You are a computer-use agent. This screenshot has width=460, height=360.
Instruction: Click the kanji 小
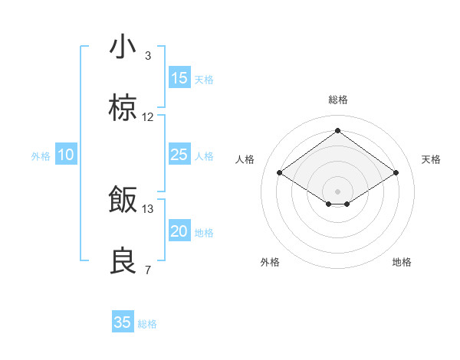coord(123,47)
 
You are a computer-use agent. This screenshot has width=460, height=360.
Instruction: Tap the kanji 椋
coord(123,109)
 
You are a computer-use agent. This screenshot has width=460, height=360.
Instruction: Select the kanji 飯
coord(123,200)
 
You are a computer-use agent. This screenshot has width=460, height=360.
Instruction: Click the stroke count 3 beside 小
coord(148,56)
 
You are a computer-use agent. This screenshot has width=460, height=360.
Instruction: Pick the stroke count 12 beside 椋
coord(148,117)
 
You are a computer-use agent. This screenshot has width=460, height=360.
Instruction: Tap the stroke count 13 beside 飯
coord(148,208)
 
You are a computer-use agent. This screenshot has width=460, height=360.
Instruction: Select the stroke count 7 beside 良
coord(148,270)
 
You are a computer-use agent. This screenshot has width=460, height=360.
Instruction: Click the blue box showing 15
coord(179,78)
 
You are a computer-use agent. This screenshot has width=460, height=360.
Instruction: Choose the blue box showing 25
coord(179,155)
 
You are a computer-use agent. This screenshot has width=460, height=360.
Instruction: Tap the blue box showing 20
coord(179,231)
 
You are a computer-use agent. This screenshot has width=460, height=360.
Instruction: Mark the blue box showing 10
coord(66,155)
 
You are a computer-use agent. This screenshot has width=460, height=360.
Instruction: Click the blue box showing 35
coord(123,322)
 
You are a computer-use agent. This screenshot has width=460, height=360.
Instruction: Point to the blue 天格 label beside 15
coord(204,80)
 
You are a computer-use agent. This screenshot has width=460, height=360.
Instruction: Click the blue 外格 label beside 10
coord(41,156)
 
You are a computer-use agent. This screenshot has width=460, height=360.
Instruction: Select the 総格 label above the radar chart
coord(337,100)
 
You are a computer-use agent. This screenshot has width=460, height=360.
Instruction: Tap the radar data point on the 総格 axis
coord(337,131)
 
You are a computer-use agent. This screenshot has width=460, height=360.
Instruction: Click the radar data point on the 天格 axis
coord(396,173)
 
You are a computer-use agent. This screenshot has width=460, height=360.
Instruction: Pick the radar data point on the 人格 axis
coord(280,173)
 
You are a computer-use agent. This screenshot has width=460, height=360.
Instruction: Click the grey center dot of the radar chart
coord(337,191)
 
